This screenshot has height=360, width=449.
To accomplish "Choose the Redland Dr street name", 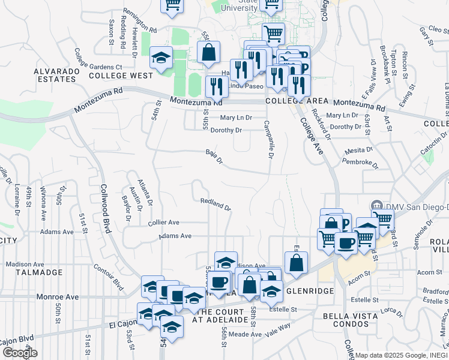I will point(215,205).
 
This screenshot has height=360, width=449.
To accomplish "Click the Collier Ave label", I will point(163,223).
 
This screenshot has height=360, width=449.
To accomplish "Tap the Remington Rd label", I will point(139,20).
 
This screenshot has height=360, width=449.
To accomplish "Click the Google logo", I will point(20,353).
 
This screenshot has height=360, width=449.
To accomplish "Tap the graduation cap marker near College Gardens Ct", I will point(161,58).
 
